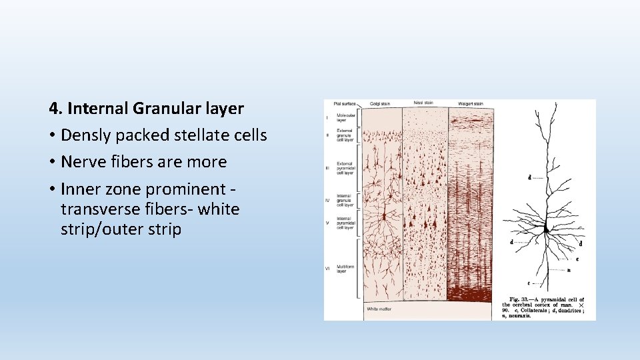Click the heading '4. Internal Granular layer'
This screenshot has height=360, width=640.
click(x=146, y=108)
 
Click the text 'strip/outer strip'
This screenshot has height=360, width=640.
click(x=121, y=229)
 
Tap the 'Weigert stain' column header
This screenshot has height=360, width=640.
click(x=471, y=103)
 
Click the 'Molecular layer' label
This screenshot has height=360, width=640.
click(x=345, y=117)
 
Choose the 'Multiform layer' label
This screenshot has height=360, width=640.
click(x=345, y=268)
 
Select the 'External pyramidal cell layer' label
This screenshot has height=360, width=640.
click(x=345, y=168)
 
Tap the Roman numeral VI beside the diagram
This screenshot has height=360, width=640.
click(x=327, y=268)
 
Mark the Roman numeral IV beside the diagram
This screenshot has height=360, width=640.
click(x=327, y=199)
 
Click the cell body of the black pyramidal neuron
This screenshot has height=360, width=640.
click(x=546, y=229)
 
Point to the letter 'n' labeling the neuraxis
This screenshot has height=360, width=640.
click(x=568, y=270)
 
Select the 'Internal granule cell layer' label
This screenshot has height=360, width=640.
click(x=345, y=199)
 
